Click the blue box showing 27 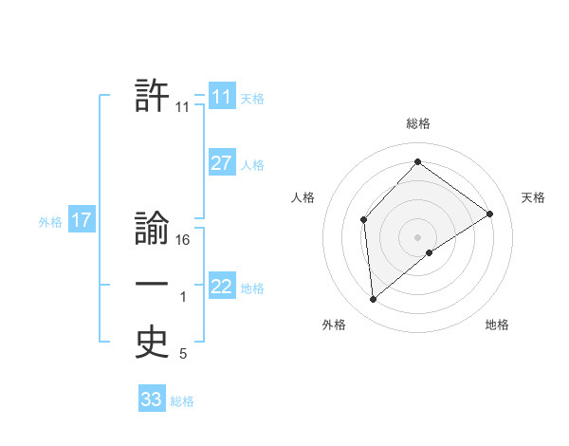pyautogui.click(x=222, y=163)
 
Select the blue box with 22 pyautogui.click(x=222, y=287)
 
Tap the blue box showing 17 pyautogui.click(x=82, y=221)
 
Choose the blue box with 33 pyautogui.click(x=152, y=400)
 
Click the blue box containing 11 pyautogui.click(x=222, y=96)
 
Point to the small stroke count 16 pyautogui.click(x=184, y=241)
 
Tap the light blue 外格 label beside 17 pyautogui.click(x=50, y=222)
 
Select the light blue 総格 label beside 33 pyautogui.click(x=182, y=401)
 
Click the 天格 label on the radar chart pyautogui.click(x=533, y=197)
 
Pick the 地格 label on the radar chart pyautogui.click(x=497, y=325)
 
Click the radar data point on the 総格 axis pyautogui.click(x=417, y=161)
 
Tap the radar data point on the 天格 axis pyautogui.click(x=489, y=214)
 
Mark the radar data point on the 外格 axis pyautogui.click(x=374, y=300)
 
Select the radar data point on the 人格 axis pyautogui.click(x=363, y=220)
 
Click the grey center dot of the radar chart pyautogui.click(x=417, y=237)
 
